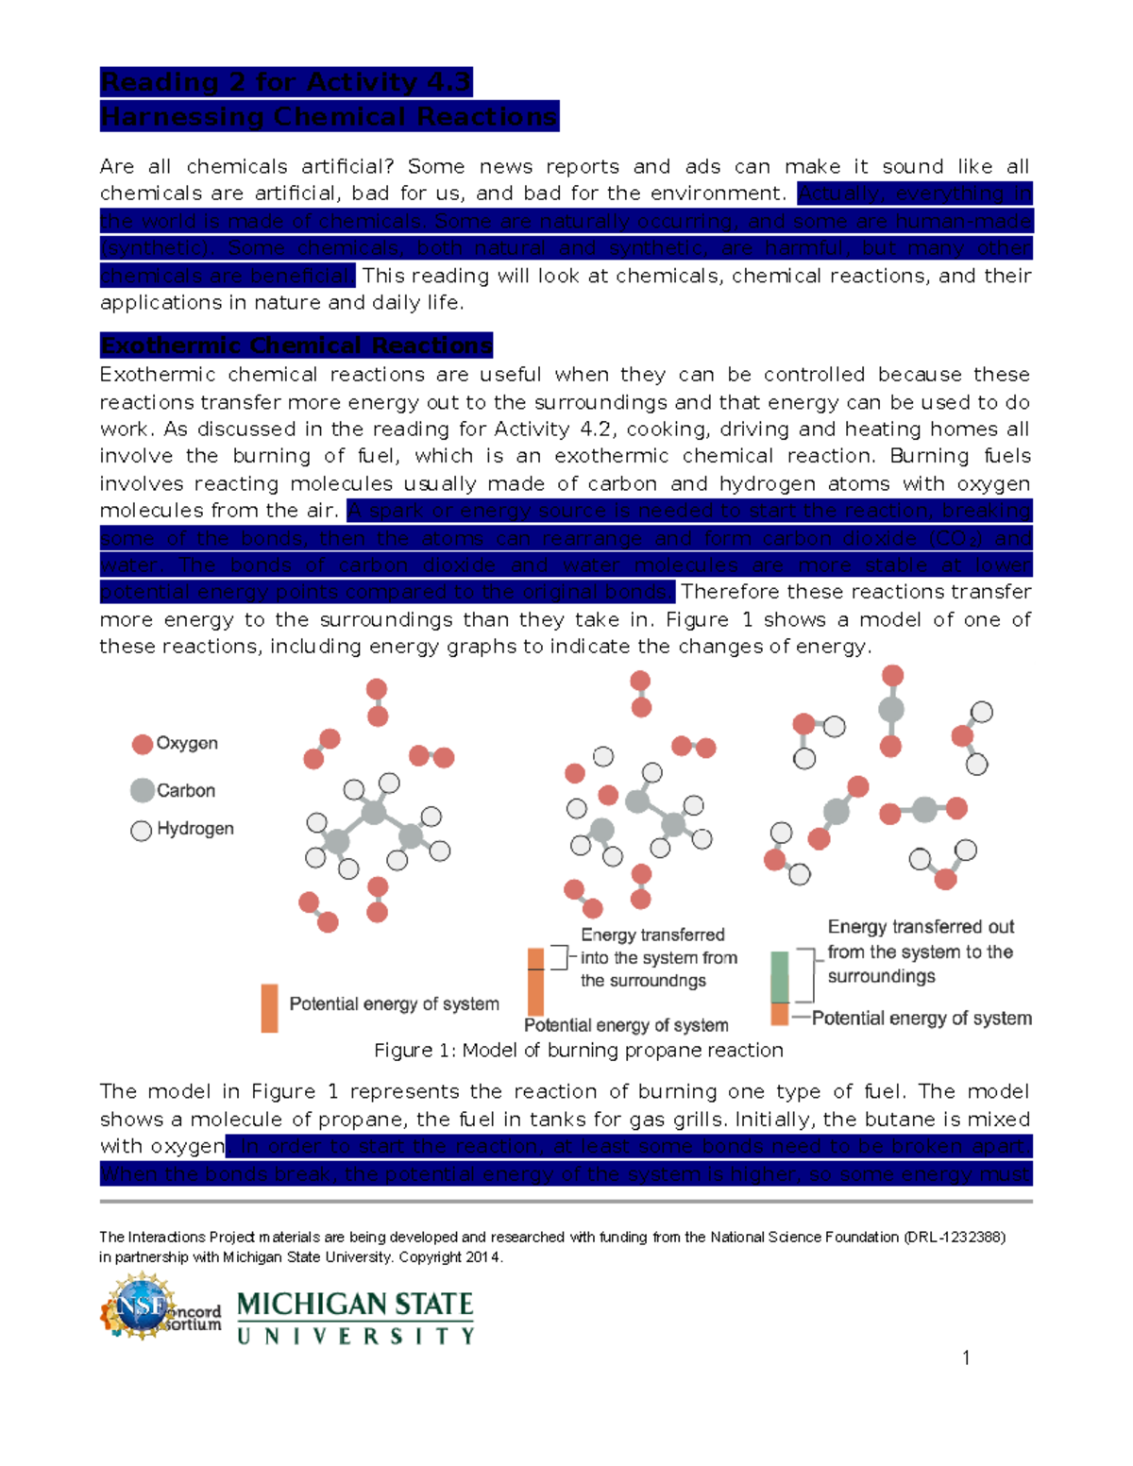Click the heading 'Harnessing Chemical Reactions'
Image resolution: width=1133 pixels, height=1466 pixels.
(329, 117)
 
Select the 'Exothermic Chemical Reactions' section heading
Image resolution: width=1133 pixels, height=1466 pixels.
(296, 345)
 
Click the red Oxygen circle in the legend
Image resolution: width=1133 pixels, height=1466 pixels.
(143, 745)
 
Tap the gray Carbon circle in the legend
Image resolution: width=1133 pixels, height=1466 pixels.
(143, 791)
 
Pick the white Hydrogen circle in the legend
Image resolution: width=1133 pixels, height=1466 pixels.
(142, 831)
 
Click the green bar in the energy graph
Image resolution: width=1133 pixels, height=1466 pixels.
(780, 977)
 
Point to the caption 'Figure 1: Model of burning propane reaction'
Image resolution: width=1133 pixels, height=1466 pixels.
(578, 1051)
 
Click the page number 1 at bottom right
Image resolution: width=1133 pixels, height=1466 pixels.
(966, 1358)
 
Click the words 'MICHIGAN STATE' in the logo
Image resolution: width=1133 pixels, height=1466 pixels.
(355, 1306)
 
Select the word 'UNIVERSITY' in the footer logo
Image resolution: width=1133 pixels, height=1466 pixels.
(355, 1337)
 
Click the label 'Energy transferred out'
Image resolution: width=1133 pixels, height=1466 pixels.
(921, 927)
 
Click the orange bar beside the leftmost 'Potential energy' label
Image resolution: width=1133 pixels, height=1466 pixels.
(269, 1008)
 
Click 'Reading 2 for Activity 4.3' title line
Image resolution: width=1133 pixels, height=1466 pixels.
(285, 82)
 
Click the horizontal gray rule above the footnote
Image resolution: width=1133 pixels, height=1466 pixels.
(566, 1202)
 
